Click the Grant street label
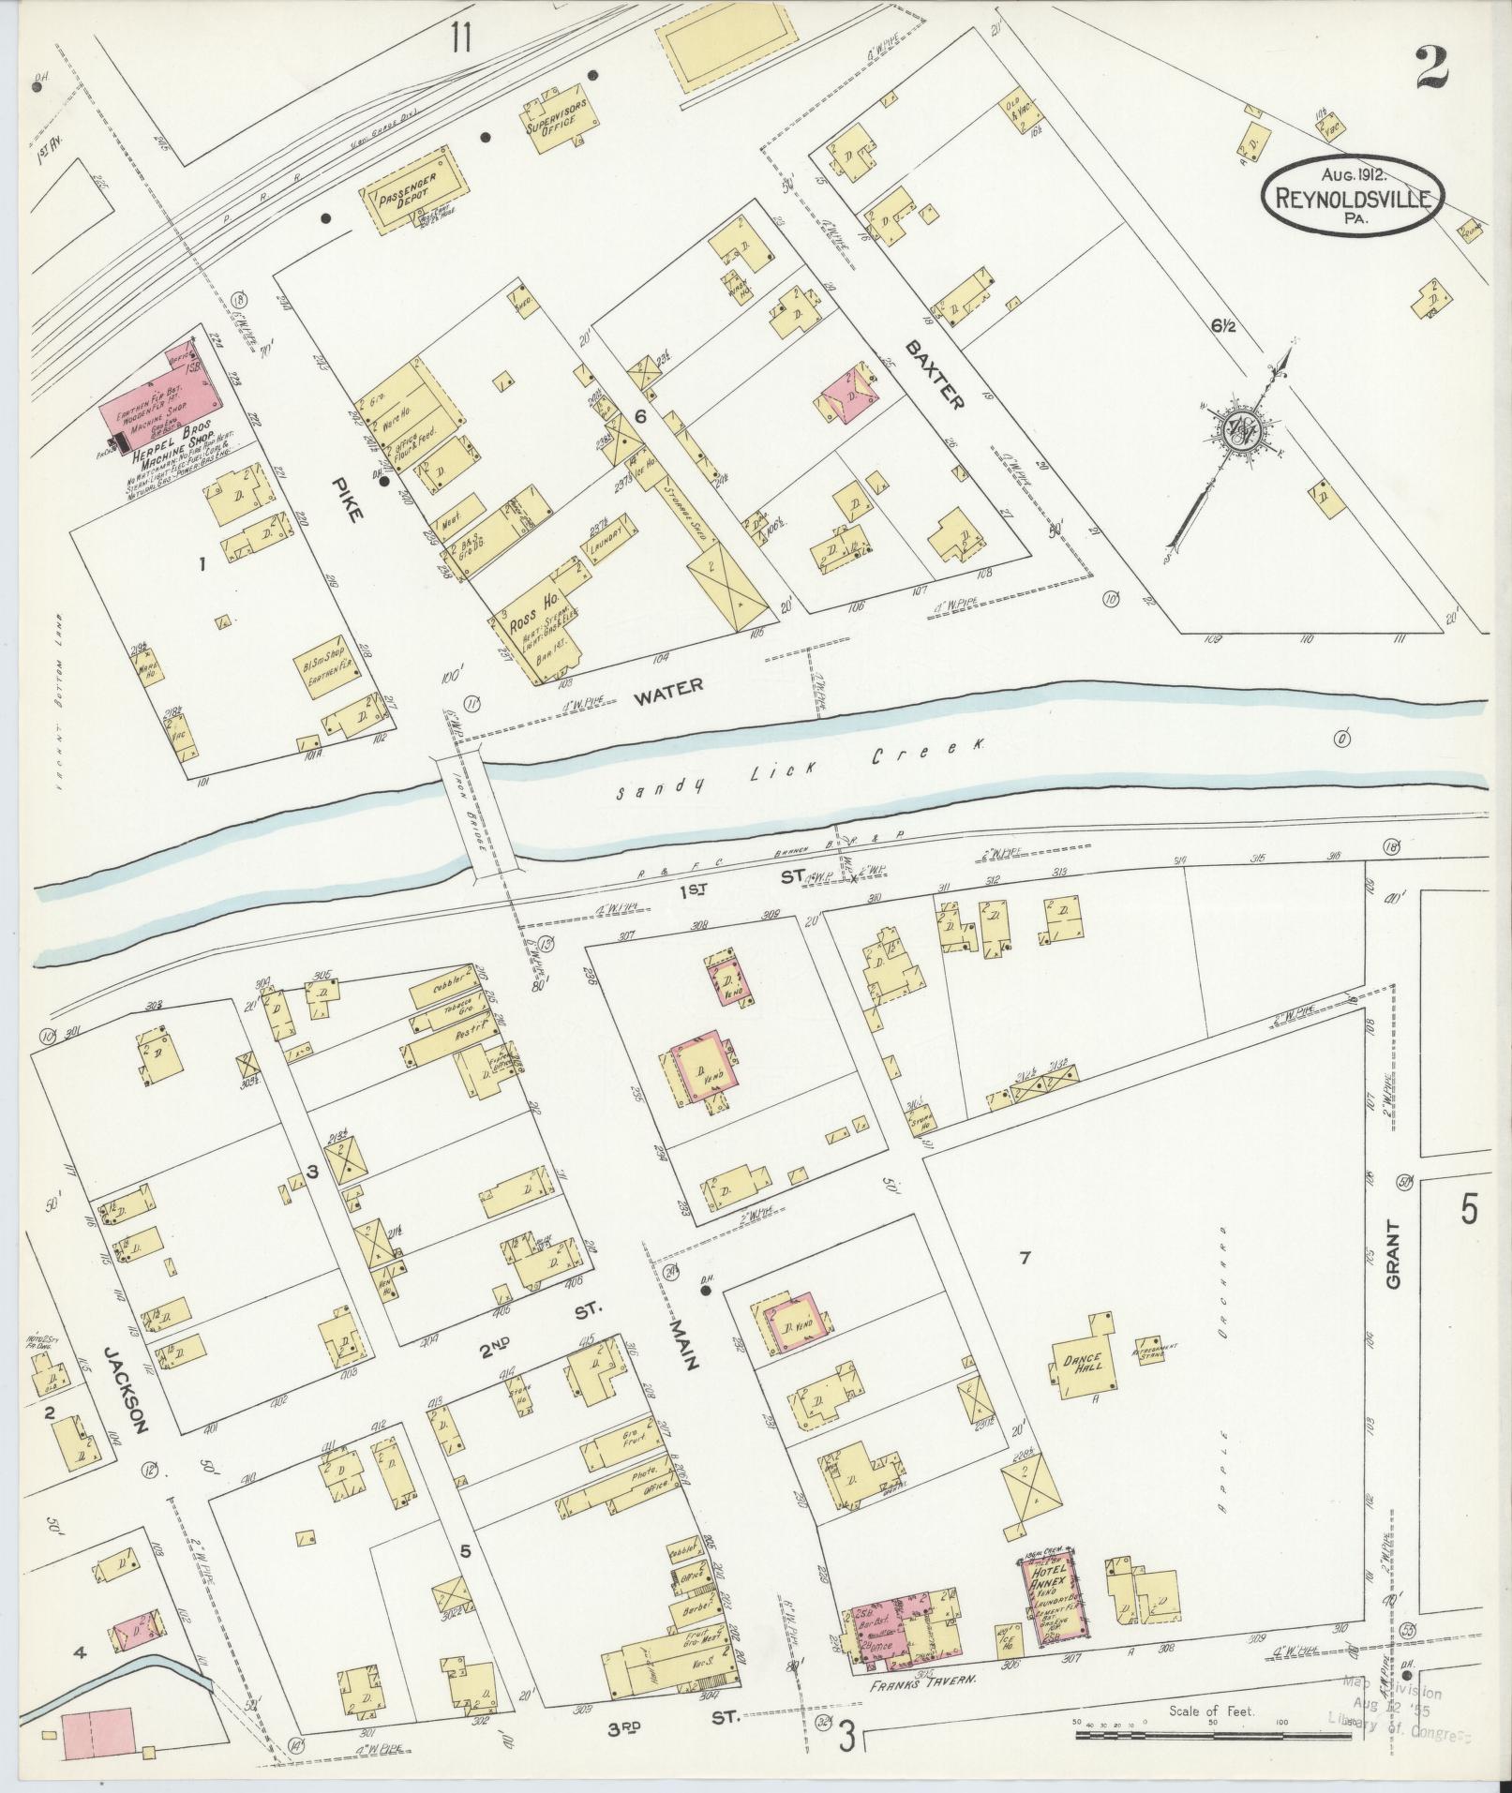pyautogui.click(x=1390, y=1254)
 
